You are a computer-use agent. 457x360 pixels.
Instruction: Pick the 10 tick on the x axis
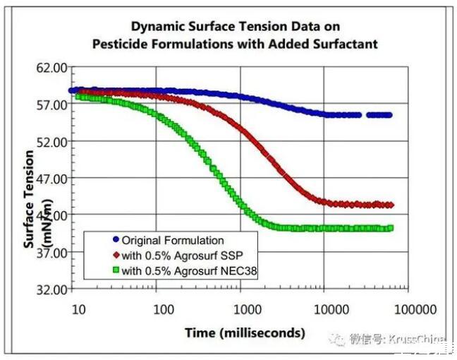tap(79, 308)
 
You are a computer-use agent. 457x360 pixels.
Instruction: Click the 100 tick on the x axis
tap(164, 308)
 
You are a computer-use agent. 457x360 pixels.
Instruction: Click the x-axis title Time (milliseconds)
tap(245, 332)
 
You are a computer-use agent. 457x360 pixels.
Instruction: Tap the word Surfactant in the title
tap(345, 44)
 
